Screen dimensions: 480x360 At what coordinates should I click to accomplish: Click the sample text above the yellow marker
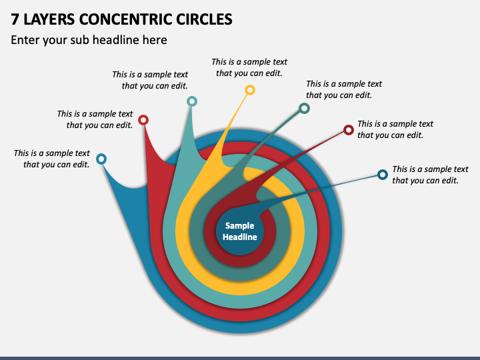pyautogui.click(x=249, y=67)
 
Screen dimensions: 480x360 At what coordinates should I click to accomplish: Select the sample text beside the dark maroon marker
pyautogui.click(x=395, y=129)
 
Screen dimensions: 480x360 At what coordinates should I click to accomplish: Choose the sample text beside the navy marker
pyautogui.click(x=430, y=175)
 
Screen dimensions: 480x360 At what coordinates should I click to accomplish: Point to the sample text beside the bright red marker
pyautogui.click(x=95, y=119)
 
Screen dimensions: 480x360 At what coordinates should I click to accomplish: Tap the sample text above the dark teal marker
pyautogui.click(x=344, y=89)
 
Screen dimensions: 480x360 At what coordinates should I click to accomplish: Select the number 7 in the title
pyautogui.click(x=15, y=19)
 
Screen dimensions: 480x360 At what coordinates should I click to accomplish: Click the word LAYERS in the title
pyautogui.click(x=49, y=19)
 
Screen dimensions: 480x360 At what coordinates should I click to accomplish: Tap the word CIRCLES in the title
pyautogui.click(x=204, y=19)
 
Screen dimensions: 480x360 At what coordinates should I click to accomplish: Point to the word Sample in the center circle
pyautogui.click(x=240, y=226)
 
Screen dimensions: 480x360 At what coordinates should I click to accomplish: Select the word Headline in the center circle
pyautogui.click(x=240, y=237)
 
